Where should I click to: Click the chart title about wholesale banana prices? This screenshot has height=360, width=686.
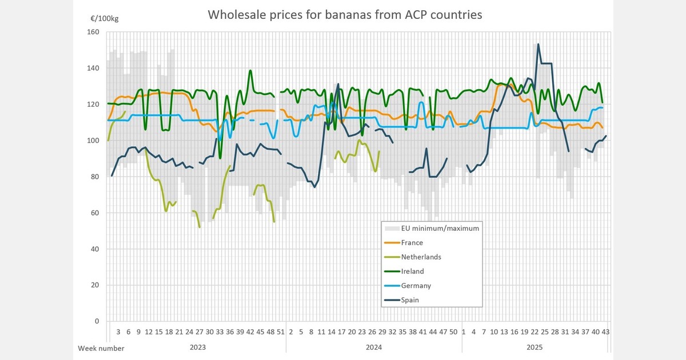point(345,15)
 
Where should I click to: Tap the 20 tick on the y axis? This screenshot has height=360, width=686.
point(95,285)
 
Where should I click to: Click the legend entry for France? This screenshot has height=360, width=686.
point(412,242)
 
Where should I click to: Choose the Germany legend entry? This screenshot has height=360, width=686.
point(416,285)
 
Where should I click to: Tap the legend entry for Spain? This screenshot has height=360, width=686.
point(411,299)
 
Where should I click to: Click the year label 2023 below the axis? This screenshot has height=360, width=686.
point(198,347)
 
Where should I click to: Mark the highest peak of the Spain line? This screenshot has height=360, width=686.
point(538,44)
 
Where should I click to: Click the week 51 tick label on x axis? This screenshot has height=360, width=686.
point(281,331)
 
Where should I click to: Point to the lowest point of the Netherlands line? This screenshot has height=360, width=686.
point(200,227)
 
